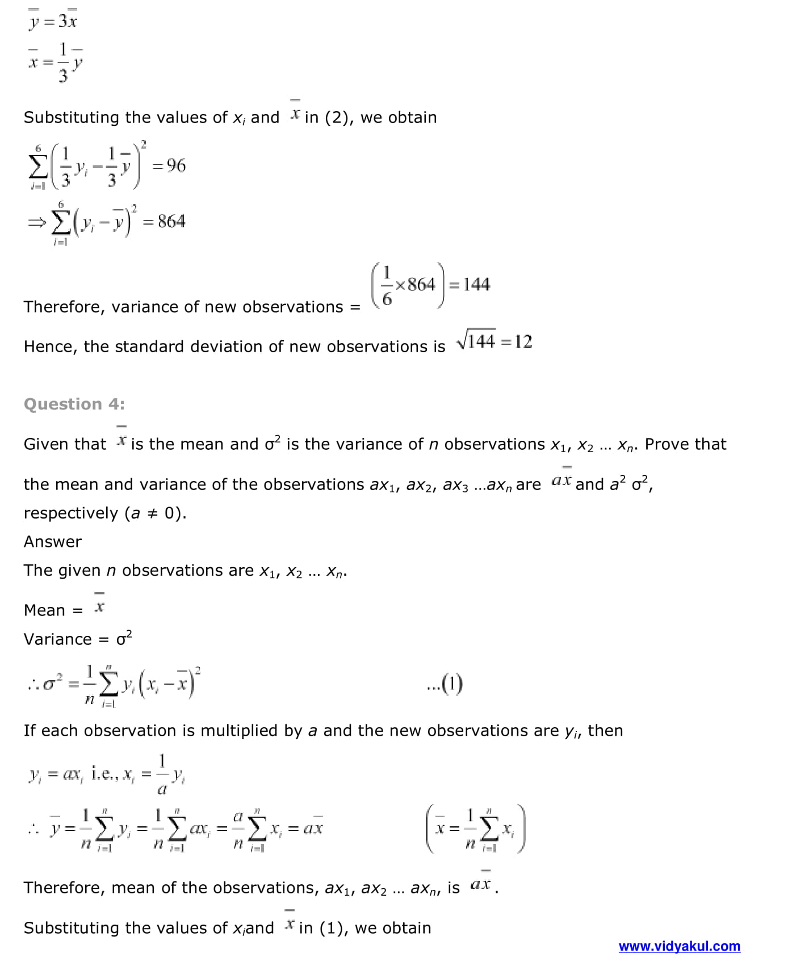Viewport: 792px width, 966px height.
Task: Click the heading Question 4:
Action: point(74,404)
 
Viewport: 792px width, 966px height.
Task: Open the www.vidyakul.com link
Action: point(679,946)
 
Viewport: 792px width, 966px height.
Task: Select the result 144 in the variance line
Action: point(476,284)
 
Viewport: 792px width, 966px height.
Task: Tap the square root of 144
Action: point(476,341)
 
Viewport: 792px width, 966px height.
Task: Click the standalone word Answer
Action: point(53,542)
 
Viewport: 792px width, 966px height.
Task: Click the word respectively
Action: point(71,513)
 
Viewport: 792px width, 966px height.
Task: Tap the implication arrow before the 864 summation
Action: point(36,222)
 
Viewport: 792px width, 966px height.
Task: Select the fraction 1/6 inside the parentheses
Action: point(387,285)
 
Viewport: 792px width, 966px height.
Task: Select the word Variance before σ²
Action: point(57,639)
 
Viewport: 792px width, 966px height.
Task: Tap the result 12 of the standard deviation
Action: point(523,341)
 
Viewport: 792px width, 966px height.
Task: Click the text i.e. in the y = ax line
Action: point(104,774)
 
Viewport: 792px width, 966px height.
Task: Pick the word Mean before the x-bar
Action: point(44,610)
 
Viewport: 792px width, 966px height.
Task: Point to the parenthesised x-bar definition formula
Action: point(475,829)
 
